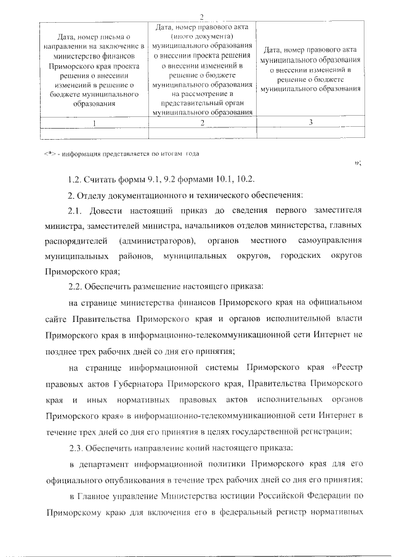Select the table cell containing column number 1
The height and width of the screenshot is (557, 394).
[x=94, y=122]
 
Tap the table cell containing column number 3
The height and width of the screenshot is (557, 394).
[x=310, y=122]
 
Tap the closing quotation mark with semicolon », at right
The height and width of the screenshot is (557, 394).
[x=358, y=162]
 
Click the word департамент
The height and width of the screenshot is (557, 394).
[x=107, y=463]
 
